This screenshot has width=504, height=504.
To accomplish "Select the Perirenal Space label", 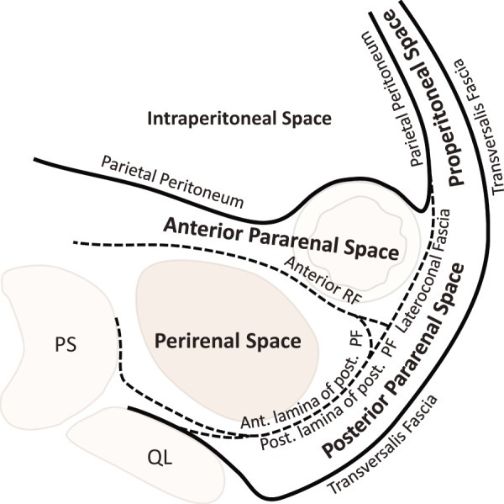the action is (x=227, y=342).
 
